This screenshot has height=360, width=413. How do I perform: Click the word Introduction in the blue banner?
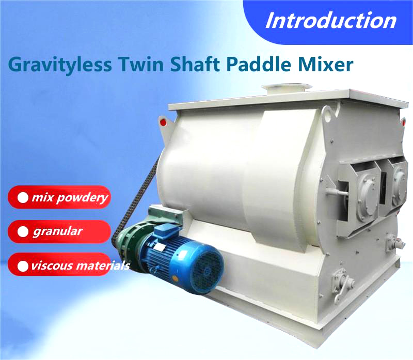(331, 21)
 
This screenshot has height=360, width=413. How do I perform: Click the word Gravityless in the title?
(60, 65)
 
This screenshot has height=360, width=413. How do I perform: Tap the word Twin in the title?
(141, 64)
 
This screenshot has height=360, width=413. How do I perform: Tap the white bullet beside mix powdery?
(23, 198)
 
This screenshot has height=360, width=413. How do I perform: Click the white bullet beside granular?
(23, 232)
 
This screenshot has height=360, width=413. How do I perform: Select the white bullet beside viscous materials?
(23, 266)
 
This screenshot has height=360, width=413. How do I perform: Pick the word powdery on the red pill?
(82, 198)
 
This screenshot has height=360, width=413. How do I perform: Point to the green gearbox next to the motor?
(130, 241)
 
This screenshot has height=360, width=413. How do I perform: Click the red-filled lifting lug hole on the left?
(163, 122)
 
